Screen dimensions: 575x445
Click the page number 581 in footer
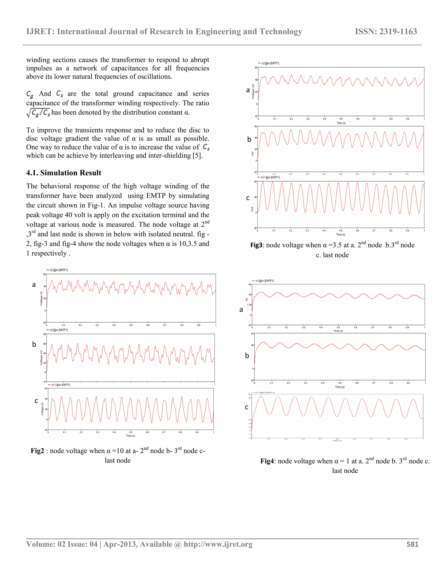(412, 544)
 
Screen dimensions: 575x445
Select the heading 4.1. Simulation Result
(63, 173)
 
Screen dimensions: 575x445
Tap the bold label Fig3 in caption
(256, 245)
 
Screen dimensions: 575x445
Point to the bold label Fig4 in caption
(267, 461)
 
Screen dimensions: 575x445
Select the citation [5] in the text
(197, 156)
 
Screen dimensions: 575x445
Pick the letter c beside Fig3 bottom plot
(247, 198)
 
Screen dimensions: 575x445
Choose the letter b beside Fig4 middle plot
(247, 356)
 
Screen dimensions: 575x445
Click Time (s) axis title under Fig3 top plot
(341, 123)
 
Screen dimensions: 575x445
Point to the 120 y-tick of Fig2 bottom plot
(45, 388)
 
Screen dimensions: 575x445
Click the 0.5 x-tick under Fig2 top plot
(131, 325)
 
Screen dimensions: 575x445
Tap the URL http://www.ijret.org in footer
(218, 544)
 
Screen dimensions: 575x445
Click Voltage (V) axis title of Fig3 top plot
(253, 92)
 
